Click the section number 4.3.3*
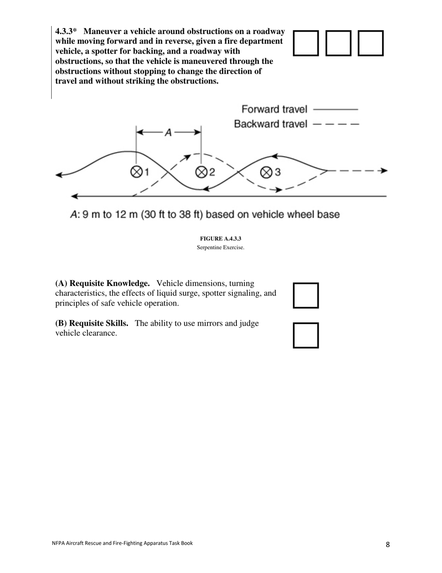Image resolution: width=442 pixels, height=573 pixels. click(66, 32)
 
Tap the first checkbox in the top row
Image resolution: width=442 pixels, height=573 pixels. click(306, 43)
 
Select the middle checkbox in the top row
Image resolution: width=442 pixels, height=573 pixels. click(338, 43)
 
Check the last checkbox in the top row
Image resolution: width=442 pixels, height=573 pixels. click(370, 43)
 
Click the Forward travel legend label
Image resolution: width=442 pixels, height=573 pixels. click(274, 109)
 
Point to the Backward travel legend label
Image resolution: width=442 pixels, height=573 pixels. click(270, 124)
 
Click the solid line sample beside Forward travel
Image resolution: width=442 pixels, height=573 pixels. click(335, 109)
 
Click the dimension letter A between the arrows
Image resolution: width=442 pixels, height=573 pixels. click(168, 133)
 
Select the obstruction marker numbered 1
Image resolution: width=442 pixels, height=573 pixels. click(136, 172)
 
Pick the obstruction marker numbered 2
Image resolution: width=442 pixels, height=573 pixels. click(201, 172)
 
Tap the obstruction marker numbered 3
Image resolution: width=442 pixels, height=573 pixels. click(266, 172)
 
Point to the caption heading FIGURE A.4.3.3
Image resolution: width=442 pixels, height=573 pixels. click(221, 239)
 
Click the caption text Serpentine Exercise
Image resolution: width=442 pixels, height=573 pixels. click(221, 247)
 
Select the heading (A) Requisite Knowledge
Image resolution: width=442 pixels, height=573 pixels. click(102, 283)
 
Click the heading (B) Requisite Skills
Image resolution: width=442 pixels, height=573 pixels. click(92, 323)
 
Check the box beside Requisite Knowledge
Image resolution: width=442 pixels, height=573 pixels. click(306, 295)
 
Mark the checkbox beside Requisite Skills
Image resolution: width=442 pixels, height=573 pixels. click(306, 335)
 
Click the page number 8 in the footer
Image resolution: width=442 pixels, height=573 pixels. click(388, 544)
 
